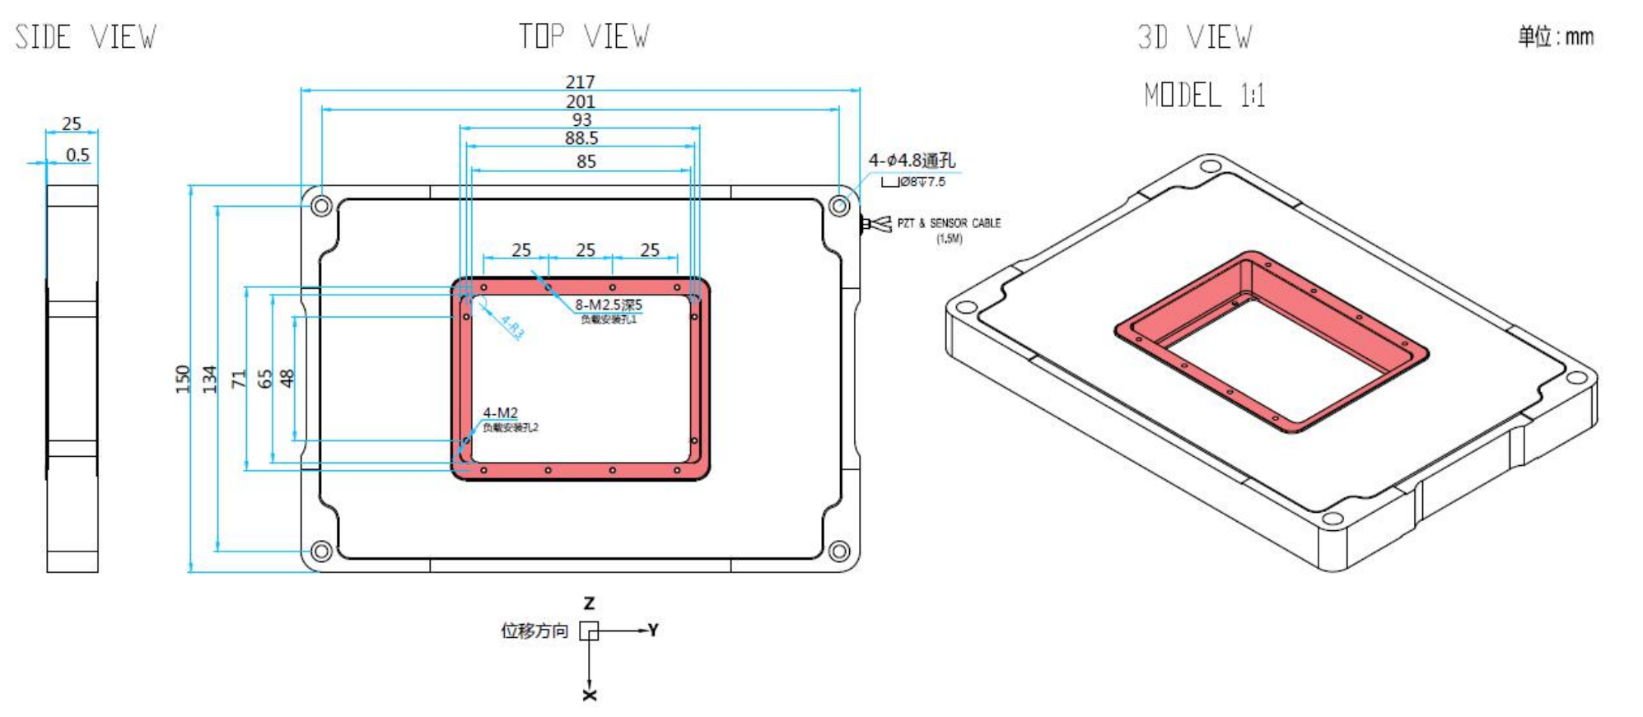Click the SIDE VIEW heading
click(86, 37)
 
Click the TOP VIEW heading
click(583, 37)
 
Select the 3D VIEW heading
click(1194, 37)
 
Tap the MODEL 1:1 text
click(1204, 95)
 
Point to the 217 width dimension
click(580, 81)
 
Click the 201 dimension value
click(580, 101)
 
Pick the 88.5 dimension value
click(581, 138)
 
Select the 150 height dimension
click(182, 379)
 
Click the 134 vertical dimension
click(209, 379)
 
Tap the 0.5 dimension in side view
click(77, 155)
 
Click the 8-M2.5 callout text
click(608, 305)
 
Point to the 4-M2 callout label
click(500, 412)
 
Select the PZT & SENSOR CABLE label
click(948, 223)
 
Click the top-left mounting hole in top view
click(322, 205)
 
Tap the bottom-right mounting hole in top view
click(838, 551)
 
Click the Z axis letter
click(589, 603)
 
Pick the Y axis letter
click(653, 630)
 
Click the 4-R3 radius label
click(511, 327)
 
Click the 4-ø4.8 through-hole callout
click(912, 161)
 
